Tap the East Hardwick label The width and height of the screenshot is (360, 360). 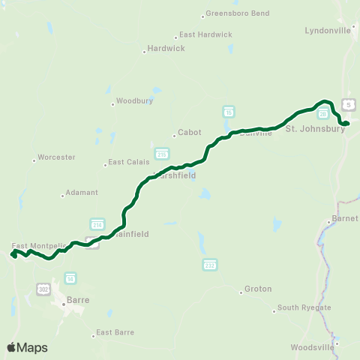203,35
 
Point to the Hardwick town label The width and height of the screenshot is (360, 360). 161,51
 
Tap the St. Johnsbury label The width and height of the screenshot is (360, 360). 316,128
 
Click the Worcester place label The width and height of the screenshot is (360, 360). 54,157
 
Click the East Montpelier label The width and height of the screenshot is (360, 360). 34,246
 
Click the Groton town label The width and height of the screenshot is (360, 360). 258,289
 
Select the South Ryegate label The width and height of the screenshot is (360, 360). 298,307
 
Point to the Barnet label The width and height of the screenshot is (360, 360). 343,220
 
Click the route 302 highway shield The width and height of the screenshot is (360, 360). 43,287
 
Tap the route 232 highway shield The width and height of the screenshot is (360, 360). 210,265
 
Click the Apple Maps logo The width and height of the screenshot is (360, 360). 27,347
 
